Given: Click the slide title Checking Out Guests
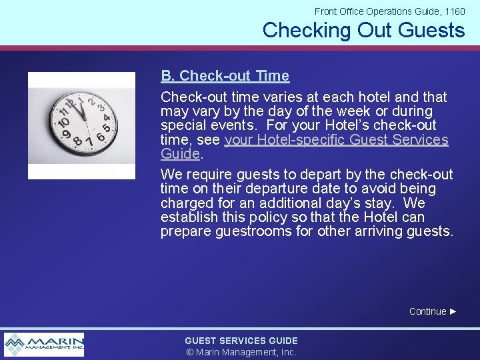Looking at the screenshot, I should [363, 30].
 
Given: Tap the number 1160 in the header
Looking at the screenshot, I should [454, 11].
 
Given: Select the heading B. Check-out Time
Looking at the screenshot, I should [225, 76].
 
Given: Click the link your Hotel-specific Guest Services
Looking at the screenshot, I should [337, 140].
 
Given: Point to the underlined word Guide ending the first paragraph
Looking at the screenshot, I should [180, 154].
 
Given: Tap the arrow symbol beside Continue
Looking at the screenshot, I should [453, 311].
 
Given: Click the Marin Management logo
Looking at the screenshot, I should [44, 345].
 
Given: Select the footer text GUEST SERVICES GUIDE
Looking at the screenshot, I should [241, 341].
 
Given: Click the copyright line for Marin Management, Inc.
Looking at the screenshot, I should [241, 352].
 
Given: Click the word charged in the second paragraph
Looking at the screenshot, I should [184, 203].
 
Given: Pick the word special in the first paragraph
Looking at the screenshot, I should [182, 126].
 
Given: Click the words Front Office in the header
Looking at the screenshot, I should [339, 11].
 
